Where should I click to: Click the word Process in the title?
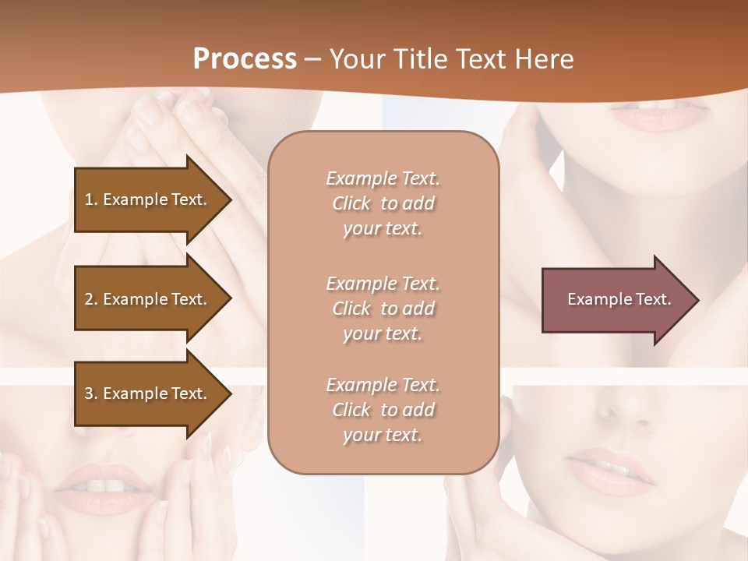tap(245, 59)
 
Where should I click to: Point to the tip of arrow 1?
tap(230, 199)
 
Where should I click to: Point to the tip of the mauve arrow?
tap(697, 299)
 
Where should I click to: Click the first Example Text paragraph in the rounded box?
tap(383, 203)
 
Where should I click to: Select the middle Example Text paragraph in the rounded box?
tap(383, 309)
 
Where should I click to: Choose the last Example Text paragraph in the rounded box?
tap(383, 410)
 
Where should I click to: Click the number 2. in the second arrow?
tap(91, 299)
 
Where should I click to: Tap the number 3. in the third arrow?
tap(91, 393)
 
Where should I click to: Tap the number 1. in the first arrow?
tap(90, 199)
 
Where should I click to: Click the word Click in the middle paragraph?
tap(351, 309)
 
